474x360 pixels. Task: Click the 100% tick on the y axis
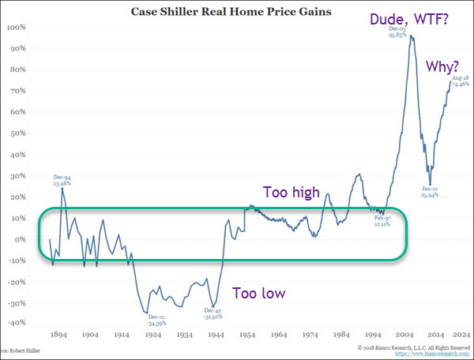(17, 27)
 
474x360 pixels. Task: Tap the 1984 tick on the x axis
(342, 335)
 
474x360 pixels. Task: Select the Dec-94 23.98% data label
(62, 181)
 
